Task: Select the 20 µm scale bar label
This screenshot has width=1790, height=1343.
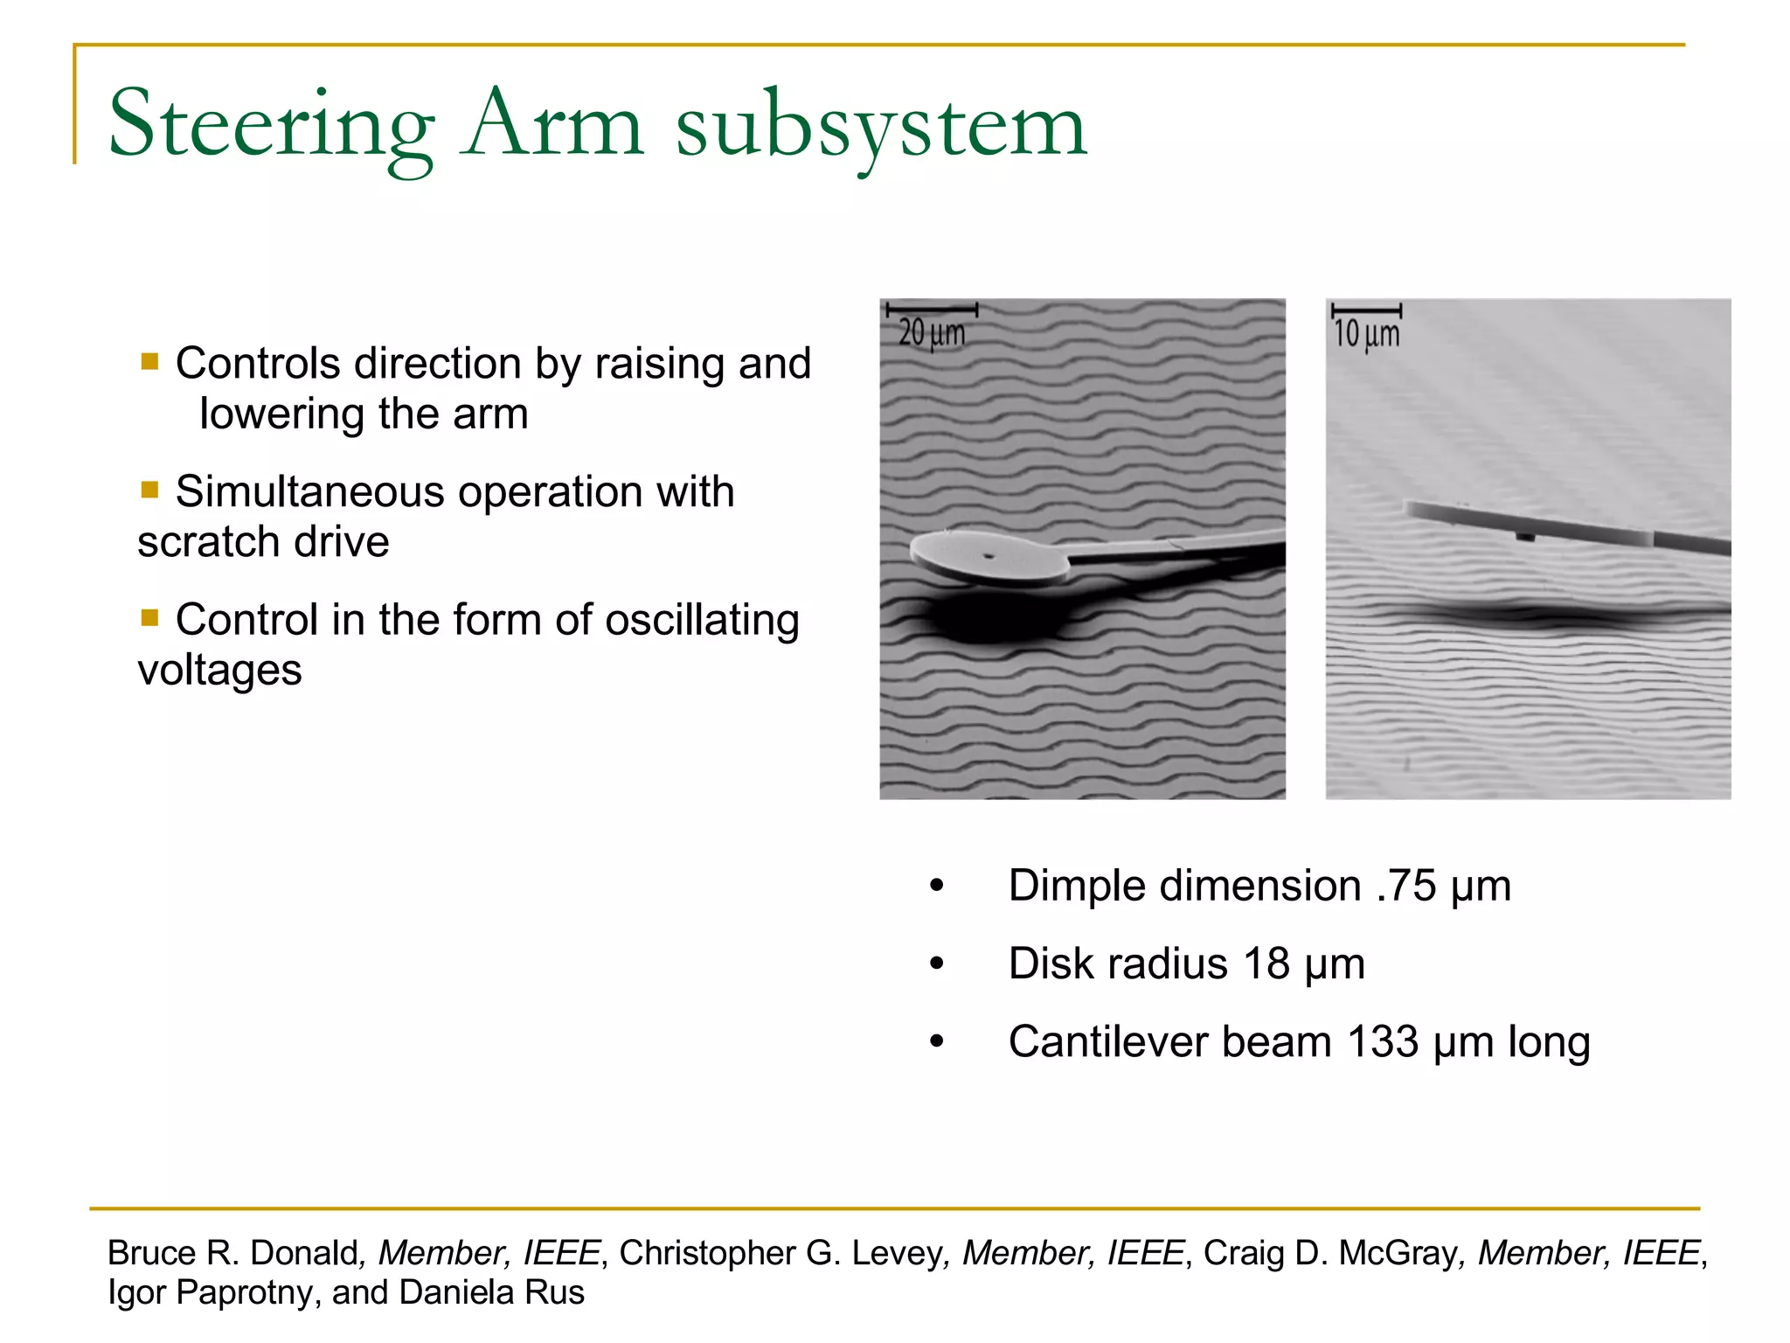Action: pyautogui.click(x=932, y=333)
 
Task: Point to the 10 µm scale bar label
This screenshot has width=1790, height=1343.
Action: pyautogui.click(x=1366, y=334)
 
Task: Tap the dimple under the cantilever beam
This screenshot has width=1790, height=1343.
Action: pyautogui.click(x=1524, y=536)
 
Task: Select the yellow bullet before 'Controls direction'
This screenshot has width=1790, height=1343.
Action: pyautogui.click(x=150, y=362)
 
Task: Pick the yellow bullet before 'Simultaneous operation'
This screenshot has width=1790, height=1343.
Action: pyautogui.click(x=150, y=490)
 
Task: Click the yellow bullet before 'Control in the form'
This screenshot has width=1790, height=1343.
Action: pyautogui.click(x=150, y=618)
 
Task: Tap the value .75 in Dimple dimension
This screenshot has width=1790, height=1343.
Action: pyautogui.click(x=1405, y=886)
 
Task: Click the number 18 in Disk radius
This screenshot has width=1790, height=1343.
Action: pyautogui.click(x=1266, y=964)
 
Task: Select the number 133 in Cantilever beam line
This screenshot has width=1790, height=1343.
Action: pyautogui.click(x=1382, y=1042)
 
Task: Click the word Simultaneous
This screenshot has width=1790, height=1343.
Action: pyautogui.click(x=310, y=491)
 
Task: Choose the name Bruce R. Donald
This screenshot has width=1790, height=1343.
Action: pyautogui.click(x=233, y=1253)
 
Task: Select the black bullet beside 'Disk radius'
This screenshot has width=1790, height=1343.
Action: pyautogui.click(x=937, y=964)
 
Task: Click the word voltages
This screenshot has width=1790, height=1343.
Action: pyautogui.click(x=220, y=671)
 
